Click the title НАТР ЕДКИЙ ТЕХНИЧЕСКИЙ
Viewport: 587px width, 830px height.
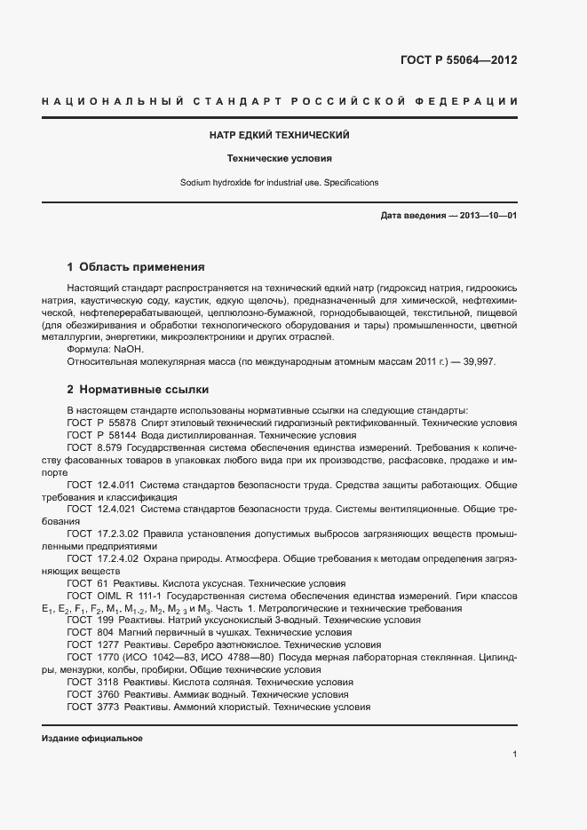click(279, 135)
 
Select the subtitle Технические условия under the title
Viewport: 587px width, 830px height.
click(279, 159)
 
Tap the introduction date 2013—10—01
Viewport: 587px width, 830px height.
click(486, 216)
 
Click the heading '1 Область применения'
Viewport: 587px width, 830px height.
click(136, 266)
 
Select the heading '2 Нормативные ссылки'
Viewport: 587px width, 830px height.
click(139, 389)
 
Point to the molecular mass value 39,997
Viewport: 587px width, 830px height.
click(480, 363)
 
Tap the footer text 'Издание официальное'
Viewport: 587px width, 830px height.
click(91, 739)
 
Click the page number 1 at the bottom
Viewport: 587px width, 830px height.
click(515, 754)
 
